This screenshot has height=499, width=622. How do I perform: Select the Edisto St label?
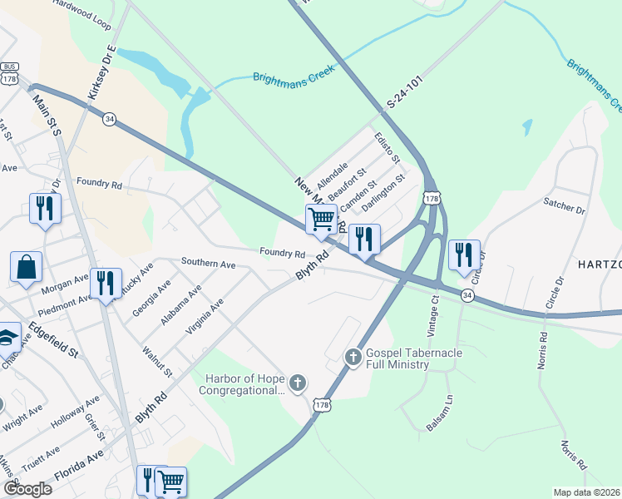[x=387, y=147]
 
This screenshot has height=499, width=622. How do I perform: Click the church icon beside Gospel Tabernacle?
[x=353, y=357]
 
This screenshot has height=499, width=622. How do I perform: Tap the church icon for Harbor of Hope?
[x=298, y=383]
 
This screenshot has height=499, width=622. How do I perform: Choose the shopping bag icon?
[x=26, y=267]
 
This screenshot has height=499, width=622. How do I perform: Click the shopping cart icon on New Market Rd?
[x=321, y=220]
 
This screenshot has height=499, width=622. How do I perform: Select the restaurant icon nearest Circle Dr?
[x=462, y=254]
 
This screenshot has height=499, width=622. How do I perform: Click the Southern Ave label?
[x=209, y=264]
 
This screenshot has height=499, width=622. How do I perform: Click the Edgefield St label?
[x=52, y=339]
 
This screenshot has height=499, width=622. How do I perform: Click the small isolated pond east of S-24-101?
[x=527, y=126]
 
